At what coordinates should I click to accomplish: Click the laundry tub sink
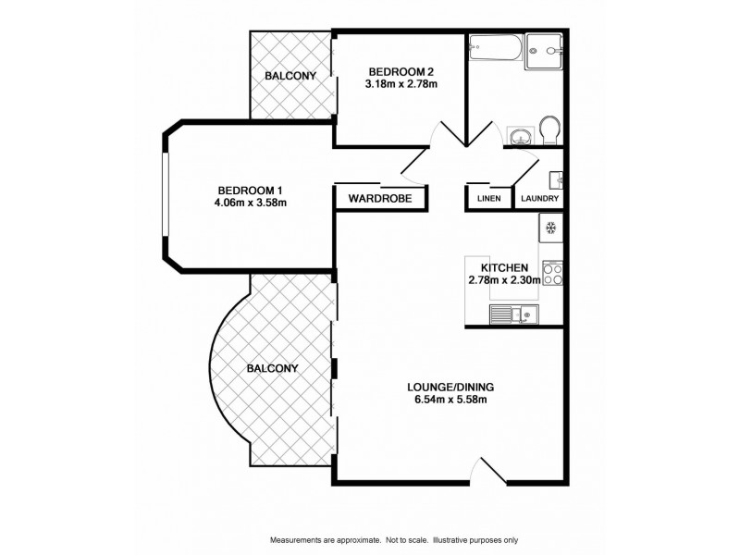coord(557,178)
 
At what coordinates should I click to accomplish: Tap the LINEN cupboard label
coord(488,199)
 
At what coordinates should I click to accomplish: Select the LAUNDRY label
coord(538,199)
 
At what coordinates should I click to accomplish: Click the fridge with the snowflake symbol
coord(550,228)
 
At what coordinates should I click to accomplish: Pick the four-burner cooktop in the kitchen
coord(553,274)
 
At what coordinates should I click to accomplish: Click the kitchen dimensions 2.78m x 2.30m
coord(504,280)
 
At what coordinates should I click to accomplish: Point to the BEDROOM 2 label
coord(401,71)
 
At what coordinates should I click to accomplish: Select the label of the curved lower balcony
coord(272,368)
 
